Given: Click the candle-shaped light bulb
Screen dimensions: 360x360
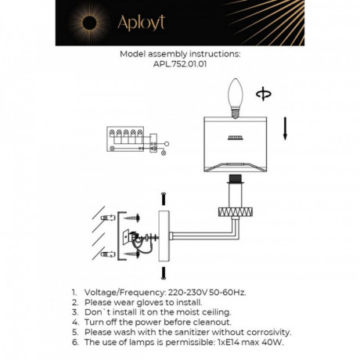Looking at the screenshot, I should tap(236, 98).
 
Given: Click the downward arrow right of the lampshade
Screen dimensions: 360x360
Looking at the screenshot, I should tap(285, 128).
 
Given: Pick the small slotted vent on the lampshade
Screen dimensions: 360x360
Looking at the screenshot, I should tap(235, 141).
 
